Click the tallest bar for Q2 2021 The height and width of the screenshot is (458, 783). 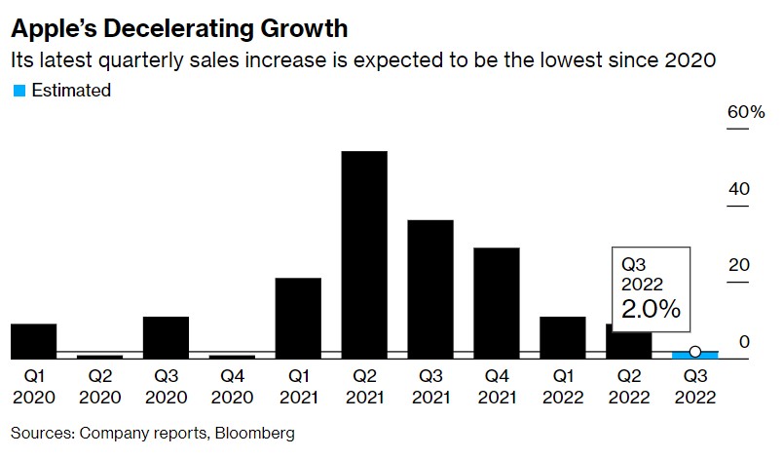364,254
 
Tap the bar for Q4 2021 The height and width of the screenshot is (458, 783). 497,303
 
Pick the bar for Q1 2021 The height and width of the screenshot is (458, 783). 298,318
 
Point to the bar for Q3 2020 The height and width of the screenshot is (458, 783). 166,337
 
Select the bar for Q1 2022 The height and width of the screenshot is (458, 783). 563,337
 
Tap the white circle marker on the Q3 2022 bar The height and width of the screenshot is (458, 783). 694,352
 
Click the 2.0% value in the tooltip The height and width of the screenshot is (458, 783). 652,310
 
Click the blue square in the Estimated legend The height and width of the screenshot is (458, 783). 19,91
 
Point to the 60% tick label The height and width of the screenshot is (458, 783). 746,113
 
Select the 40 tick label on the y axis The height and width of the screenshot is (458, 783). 739,189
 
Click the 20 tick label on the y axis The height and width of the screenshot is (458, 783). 739,265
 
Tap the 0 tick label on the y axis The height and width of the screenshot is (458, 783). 743,341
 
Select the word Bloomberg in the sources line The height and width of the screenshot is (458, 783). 256,432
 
